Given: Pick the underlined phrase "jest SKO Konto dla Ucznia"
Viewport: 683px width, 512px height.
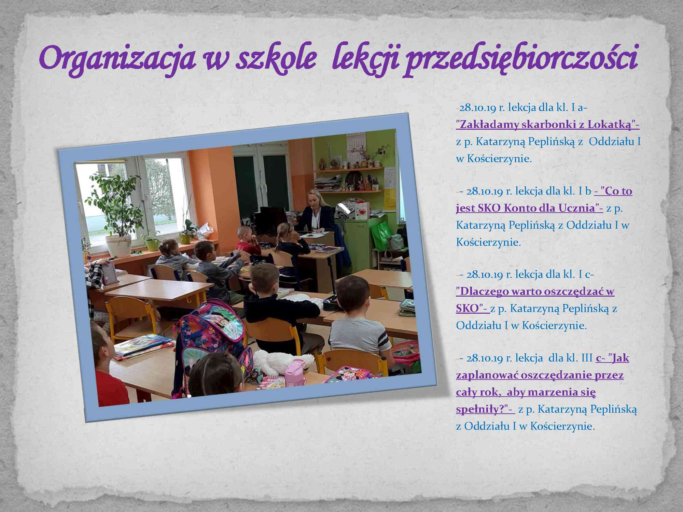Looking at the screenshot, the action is click(528, 208).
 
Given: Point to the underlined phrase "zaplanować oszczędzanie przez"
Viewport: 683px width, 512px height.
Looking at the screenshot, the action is click(540, 375).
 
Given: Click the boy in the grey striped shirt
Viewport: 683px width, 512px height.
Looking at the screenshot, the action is click(357, 321).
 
